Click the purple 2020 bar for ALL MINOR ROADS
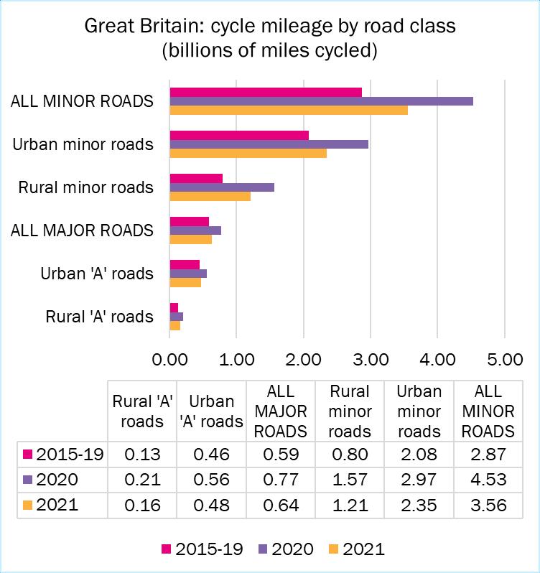321,101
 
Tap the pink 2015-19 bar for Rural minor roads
196,178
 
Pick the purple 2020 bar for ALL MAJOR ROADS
195,230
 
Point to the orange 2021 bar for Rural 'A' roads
174,326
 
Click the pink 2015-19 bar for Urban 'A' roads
185,264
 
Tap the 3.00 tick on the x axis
370,356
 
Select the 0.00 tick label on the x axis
169,356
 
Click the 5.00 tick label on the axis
504,356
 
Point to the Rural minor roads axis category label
86,187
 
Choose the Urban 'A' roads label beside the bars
97,274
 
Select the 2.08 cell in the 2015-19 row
419,454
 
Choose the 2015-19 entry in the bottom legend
203,549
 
